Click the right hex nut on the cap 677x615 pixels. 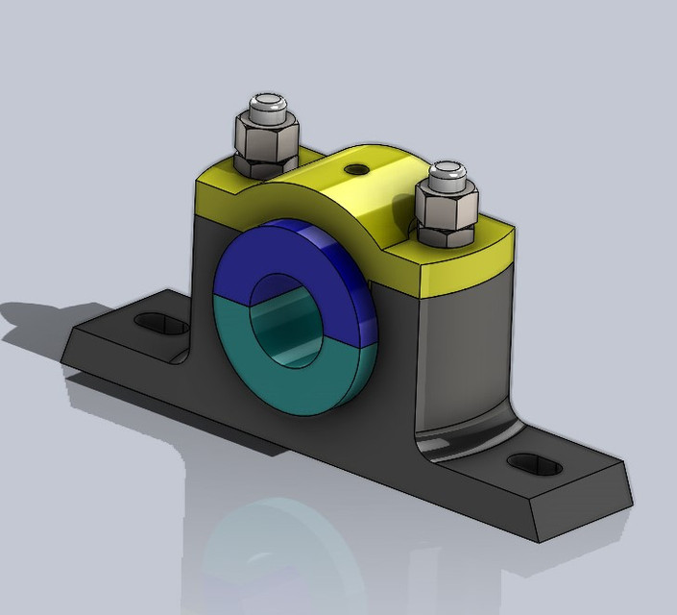point(447,210)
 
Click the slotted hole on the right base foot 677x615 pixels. point(535,465)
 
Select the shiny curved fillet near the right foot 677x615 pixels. point(461,442)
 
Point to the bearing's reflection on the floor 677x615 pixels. point(278,548)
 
